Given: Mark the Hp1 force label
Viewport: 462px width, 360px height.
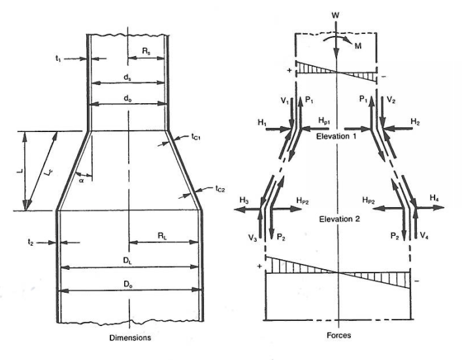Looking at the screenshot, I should (x=325, y=122).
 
